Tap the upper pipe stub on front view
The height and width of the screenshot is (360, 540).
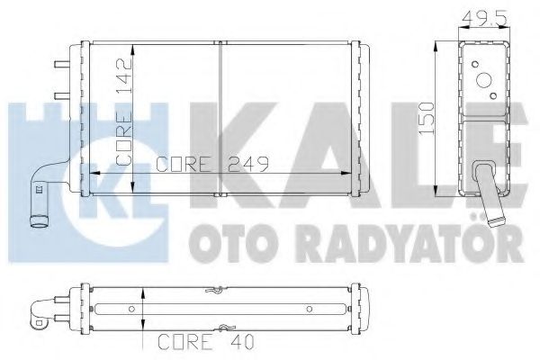[60, 64]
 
